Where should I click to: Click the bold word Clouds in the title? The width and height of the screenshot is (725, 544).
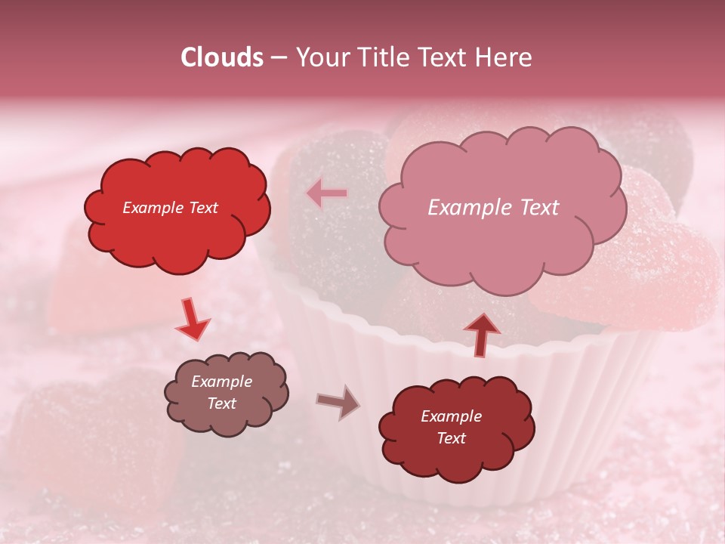(x=222, y=57)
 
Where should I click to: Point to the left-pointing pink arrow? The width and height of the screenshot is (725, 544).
(x=326, y=193)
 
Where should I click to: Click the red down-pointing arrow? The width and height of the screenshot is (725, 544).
(x=193, y=320)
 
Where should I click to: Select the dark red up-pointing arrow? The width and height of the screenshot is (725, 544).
(x=483, y=334)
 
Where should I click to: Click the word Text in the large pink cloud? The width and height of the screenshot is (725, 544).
(x=533, y=208)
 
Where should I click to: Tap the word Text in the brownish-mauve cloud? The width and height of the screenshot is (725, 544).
(x=222, y=403)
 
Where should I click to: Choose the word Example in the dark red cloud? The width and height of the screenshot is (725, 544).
(x=451, y=416)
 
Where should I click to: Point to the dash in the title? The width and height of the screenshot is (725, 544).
(x=278, y=57)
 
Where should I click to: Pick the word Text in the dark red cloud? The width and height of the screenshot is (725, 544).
(x=451, y=438)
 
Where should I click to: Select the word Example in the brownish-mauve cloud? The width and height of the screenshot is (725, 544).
(x=222, y=382)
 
